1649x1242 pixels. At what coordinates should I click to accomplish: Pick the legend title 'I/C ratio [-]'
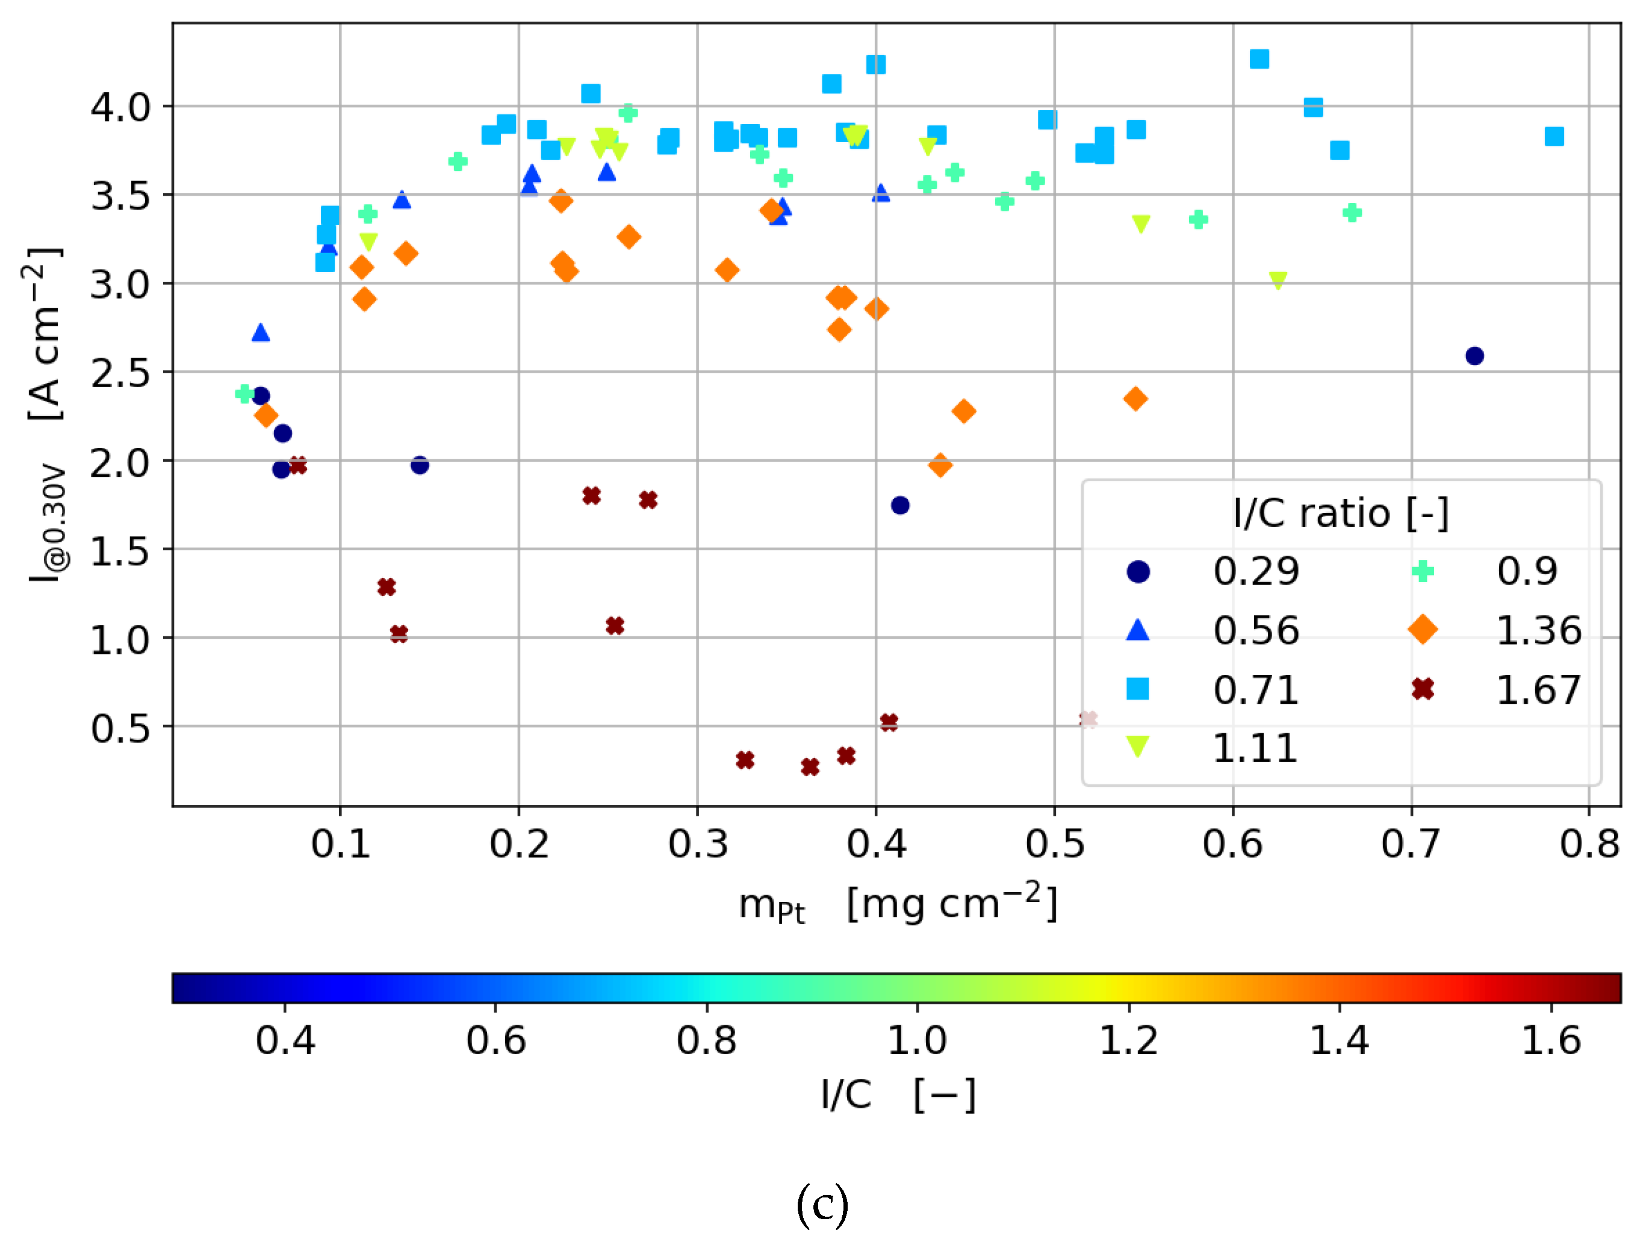tap(1340, 514)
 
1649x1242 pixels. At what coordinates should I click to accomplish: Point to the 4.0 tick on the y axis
tap(120, 107)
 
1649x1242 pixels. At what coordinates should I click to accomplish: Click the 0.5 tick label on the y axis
tap(120, 728)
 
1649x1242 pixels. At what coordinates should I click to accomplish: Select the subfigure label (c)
tap(822, 1204)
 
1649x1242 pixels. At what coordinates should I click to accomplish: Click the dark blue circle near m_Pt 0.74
tap(1474, 356)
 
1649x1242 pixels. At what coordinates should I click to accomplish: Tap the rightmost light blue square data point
tap(1554, 137)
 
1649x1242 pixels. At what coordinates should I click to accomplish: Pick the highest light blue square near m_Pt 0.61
tap(1259, 59)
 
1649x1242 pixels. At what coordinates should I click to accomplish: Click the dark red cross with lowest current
tap(810, 767)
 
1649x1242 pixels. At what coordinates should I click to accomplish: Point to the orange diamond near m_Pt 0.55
tap(1135, 399)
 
